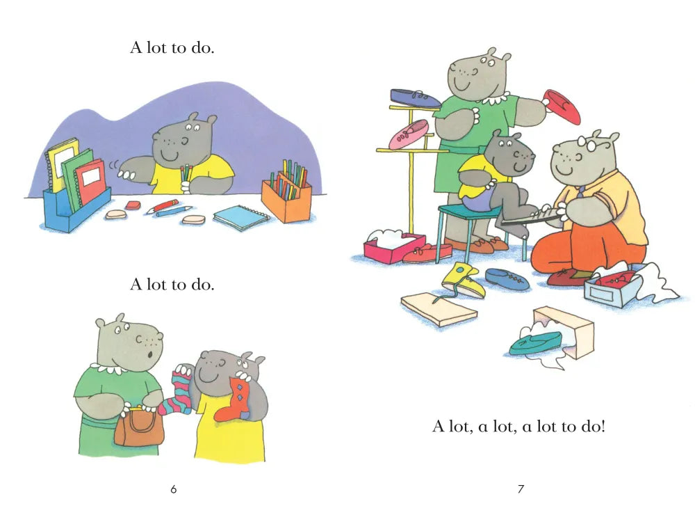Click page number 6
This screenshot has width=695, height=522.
tap(173, 489)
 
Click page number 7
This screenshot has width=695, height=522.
tap(521, 489)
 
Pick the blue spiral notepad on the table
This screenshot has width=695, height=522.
tap(241, 217)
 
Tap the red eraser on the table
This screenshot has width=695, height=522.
tap(133, 205)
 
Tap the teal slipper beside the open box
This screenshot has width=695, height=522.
tap(535, 343)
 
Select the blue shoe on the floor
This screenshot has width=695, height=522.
tap(507, 279)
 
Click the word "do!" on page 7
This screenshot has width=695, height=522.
tap(592, 426)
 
